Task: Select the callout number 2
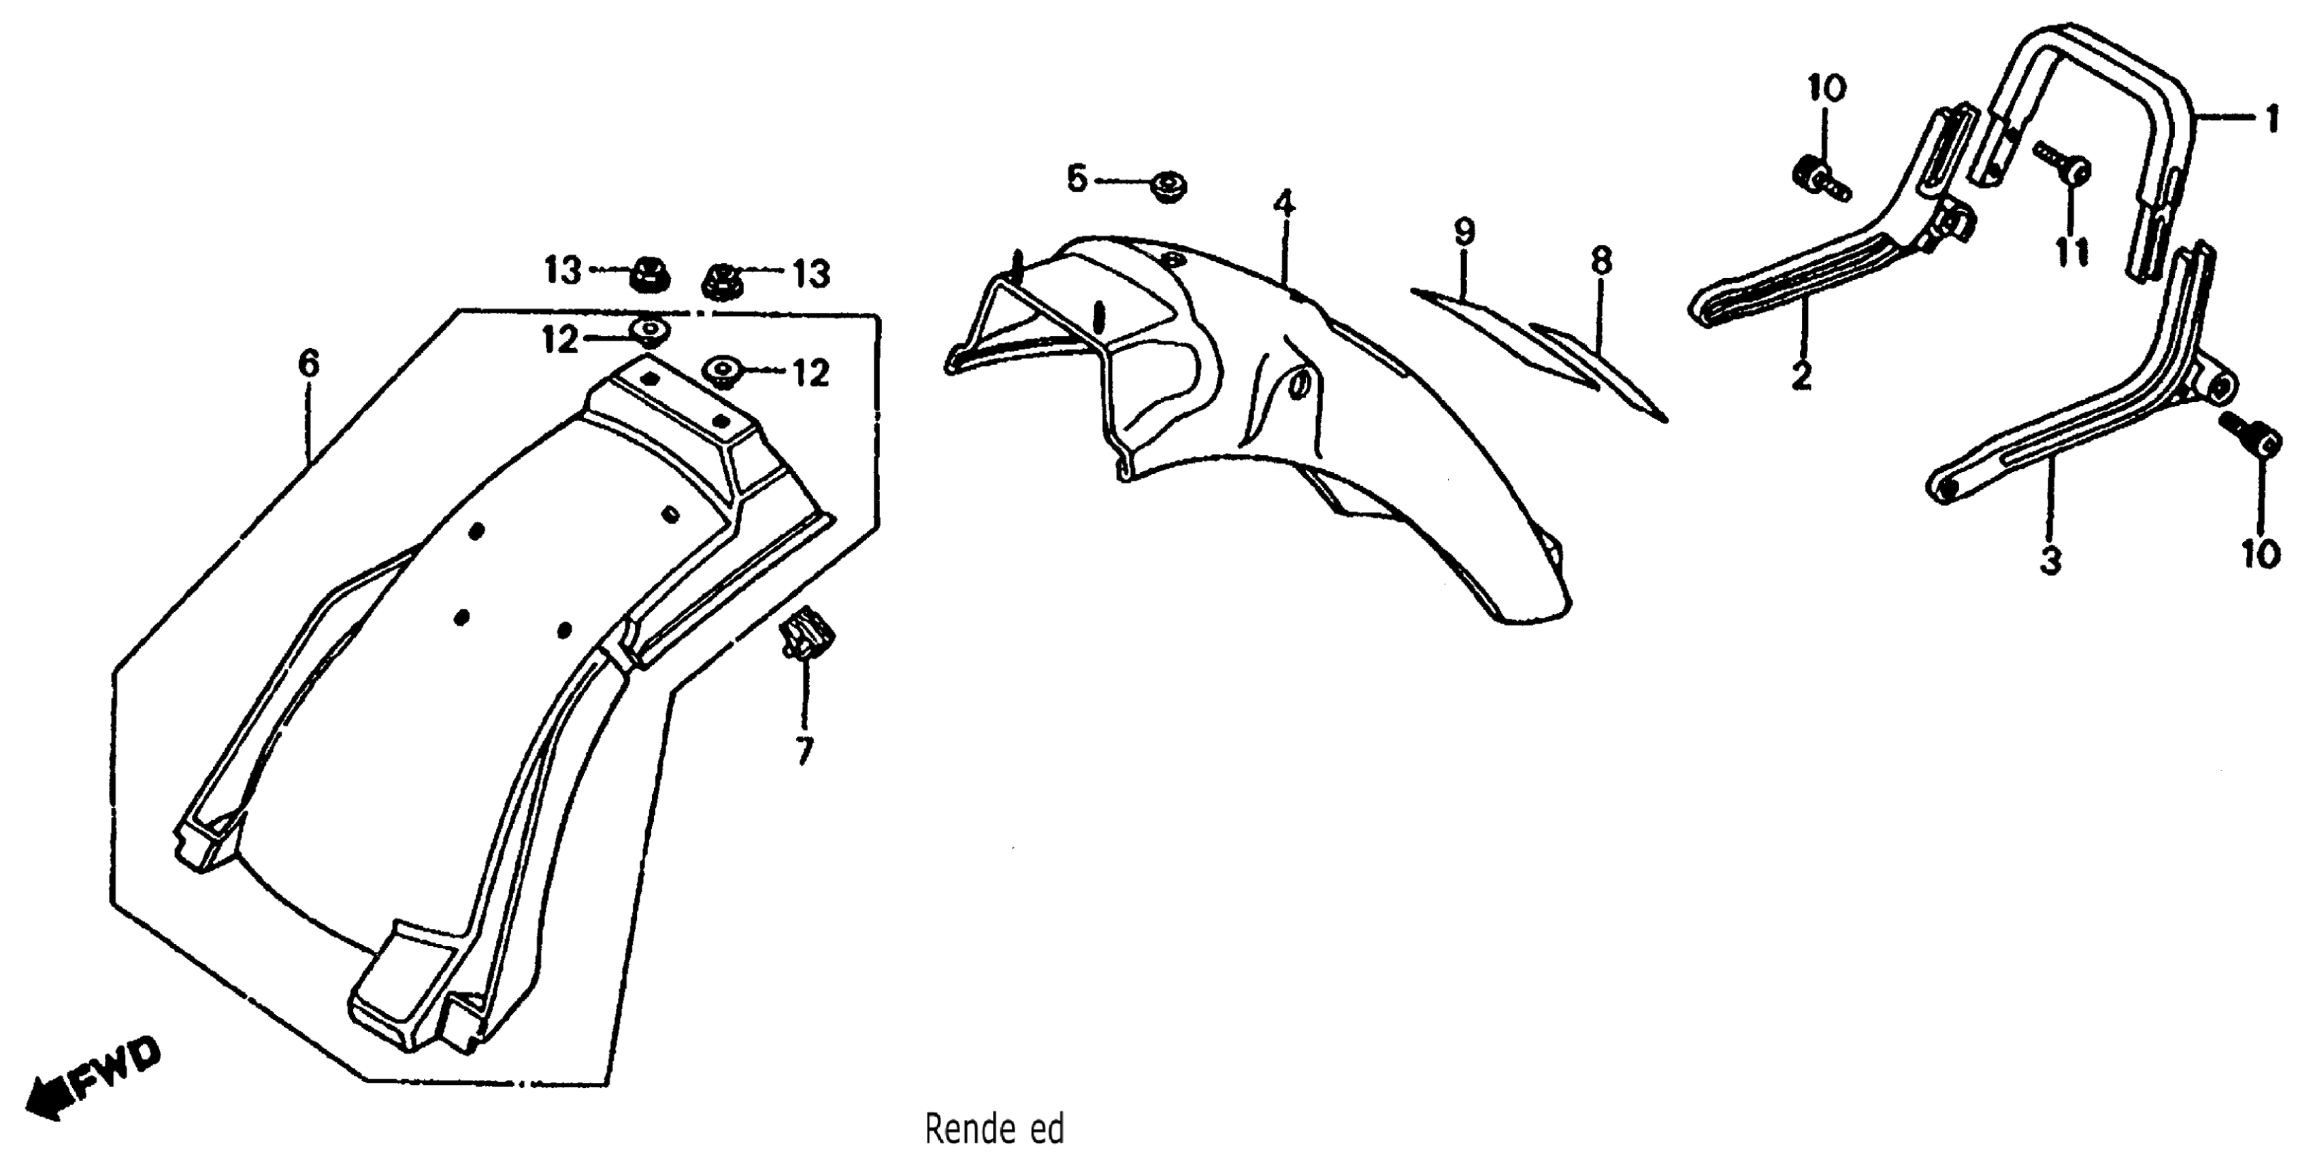point(1801,374)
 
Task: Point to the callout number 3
point(2050,561)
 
